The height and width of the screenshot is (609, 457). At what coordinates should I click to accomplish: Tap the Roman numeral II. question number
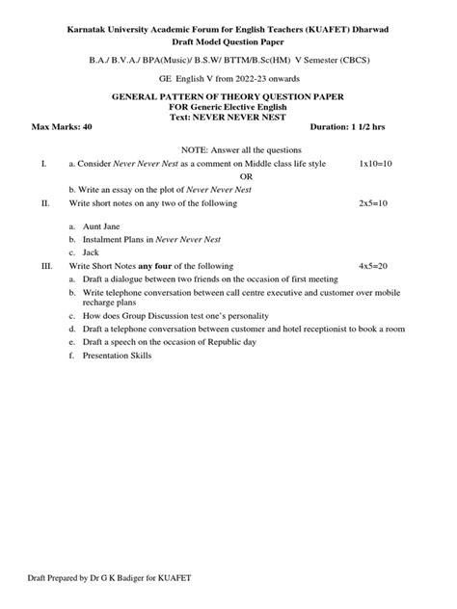coord(45,204)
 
